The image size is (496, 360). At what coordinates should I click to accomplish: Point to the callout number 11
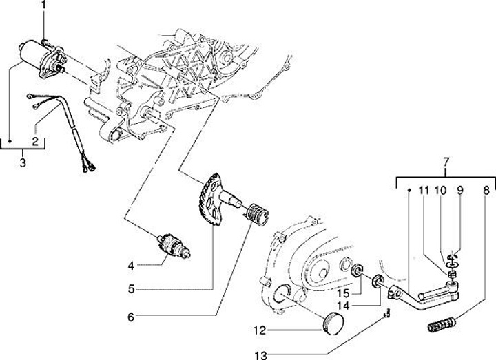[424, 189]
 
